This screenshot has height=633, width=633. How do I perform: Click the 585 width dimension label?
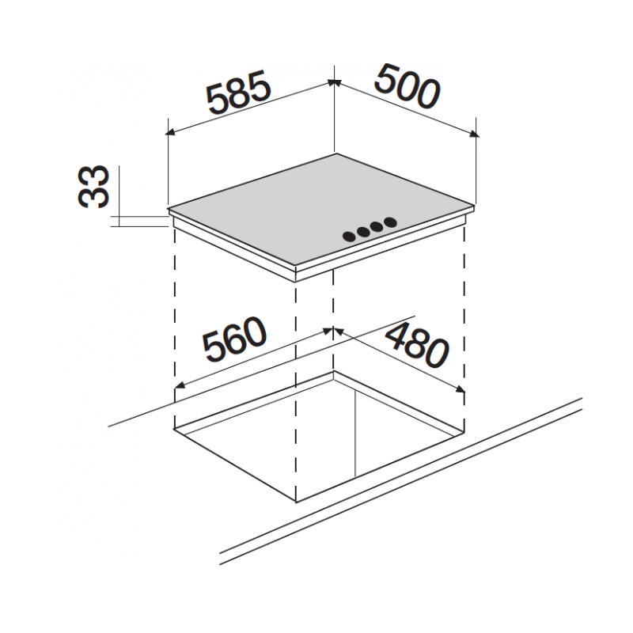click(x=238, y=93)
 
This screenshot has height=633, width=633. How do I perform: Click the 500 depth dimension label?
click(x=407, y=86)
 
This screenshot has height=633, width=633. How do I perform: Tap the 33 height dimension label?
click(x=93, y=187)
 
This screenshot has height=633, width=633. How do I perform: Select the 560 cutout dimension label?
click(x=234, y=339)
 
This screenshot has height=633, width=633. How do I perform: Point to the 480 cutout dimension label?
click(x=418, y=346)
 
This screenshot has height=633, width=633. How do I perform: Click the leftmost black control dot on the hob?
click(x=349, y=237)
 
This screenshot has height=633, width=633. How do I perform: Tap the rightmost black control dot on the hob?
click(x=390, y=222)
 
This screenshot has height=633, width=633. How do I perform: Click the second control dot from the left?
click(x=363, y=232)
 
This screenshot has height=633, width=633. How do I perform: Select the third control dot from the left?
click(x=377, y=227)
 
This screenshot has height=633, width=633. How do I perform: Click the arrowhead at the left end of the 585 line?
click(x=171, y=132)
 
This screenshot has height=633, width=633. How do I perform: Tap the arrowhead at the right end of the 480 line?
click(x=461, y=389)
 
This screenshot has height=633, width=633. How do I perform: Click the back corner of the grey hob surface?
click(x=335, y=154)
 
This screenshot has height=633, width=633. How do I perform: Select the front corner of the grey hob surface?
click(x=296, y=266)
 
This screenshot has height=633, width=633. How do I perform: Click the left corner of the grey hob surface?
click(x=168, y=209)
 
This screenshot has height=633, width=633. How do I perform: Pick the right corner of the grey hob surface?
click(x=474, y=207)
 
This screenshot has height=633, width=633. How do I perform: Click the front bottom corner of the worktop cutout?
click(x=296, y=502)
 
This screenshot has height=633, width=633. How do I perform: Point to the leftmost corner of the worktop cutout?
click(x=174, y=429)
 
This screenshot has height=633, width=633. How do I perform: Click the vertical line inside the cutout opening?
click(x=354, y=434)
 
